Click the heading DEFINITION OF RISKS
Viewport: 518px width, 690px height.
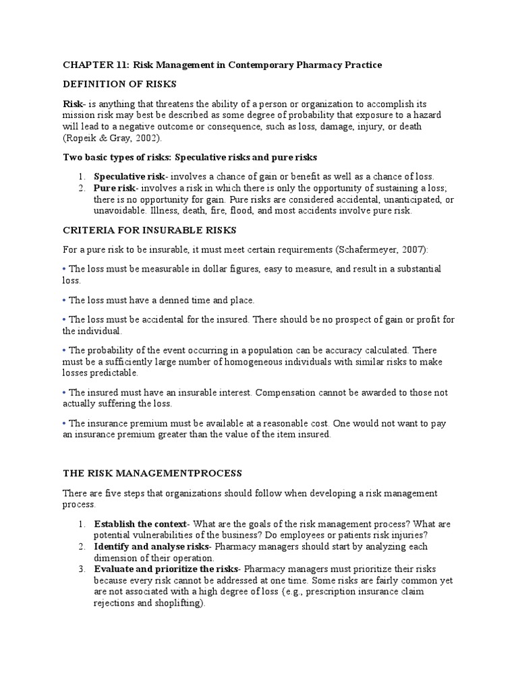[x=119, y=84]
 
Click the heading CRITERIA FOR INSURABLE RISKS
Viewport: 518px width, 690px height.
[x=149, y=230]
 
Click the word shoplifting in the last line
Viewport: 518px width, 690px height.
[x=177, y=604]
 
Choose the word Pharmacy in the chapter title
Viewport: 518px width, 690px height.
[x=303, y=65]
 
